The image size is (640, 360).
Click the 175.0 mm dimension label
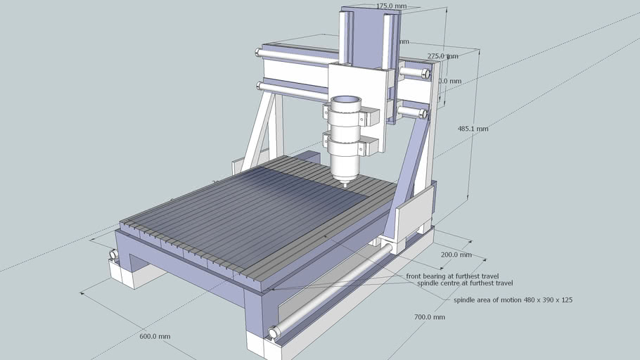392,6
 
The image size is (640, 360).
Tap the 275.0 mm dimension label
442,56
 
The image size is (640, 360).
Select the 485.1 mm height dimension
473,129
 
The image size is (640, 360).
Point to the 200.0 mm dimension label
456,255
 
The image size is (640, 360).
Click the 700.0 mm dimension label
429,317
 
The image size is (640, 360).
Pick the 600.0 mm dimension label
155,337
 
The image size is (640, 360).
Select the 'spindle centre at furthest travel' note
464,283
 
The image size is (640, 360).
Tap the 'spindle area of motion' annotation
513,300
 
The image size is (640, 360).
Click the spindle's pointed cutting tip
345,184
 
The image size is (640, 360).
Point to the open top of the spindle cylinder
345,103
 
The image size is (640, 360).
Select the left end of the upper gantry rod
259,51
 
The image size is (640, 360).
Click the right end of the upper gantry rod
425,72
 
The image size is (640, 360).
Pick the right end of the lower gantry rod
422,113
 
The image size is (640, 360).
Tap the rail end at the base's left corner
113,255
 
